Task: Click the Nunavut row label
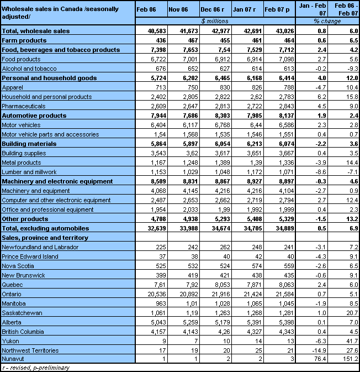(13, 359)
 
